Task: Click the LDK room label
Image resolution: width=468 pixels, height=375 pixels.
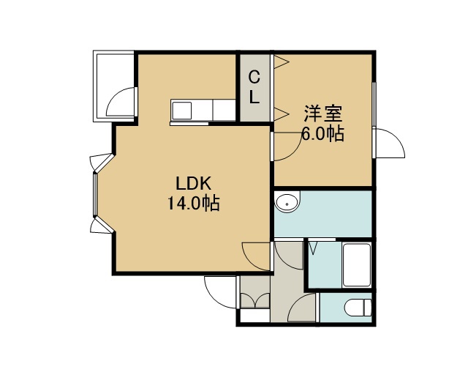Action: pos(193,184)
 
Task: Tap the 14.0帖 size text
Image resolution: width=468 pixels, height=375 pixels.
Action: pos(193,204)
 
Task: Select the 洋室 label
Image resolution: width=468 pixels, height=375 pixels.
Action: pos(323,114)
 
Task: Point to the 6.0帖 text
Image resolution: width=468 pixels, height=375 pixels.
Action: pos(323,133)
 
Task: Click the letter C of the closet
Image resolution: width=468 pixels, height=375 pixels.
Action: pos(254,78)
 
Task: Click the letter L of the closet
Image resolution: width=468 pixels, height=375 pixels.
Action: pos(254,97)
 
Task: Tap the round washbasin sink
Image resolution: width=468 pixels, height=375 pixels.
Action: pos(287,204)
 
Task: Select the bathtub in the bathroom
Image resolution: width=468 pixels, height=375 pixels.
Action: pos(357,265)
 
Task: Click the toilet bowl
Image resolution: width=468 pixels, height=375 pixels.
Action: pos(358,308)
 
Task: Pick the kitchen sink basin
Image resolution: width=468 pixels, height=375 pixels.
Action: pos(181,111)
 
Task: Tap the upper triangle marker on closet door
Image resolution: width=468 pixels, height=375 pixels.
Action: pos(282,62)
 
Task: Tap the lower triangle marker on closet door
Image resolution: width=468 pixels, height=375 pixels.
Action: pos(282,114)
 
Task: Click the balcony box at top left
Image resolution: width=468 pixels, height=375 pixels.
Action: pos(114,86)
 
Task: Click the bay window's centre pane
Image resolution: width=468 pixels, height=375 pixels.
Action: pos(95,194)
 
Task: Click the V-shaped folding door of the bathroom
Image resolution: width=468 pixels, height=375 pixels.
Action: pos(313,248)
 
